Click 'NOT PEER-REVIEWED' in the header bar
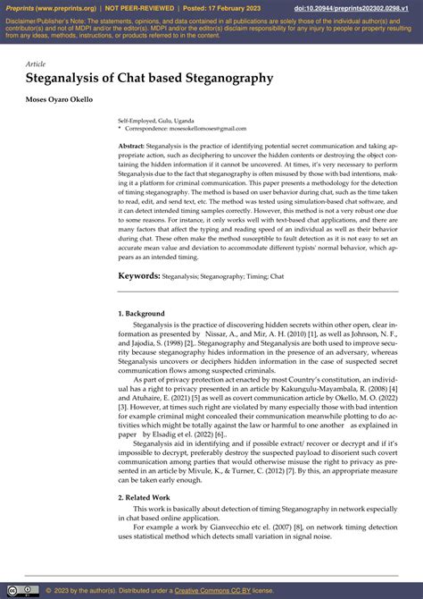tap(138, 8)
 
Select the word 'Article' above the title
tap(36, 64)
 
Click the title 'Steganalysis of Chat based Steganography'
tap(149, 79)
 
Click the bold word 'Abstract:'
tap(131, 145)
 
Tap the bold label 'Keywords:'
tap(139, 275)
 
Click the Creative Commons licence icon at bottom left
tap(21, 590)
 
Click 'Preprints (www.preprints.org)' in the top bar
tap(47, 8)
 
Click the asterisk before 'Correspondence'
tap(120, 128)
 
